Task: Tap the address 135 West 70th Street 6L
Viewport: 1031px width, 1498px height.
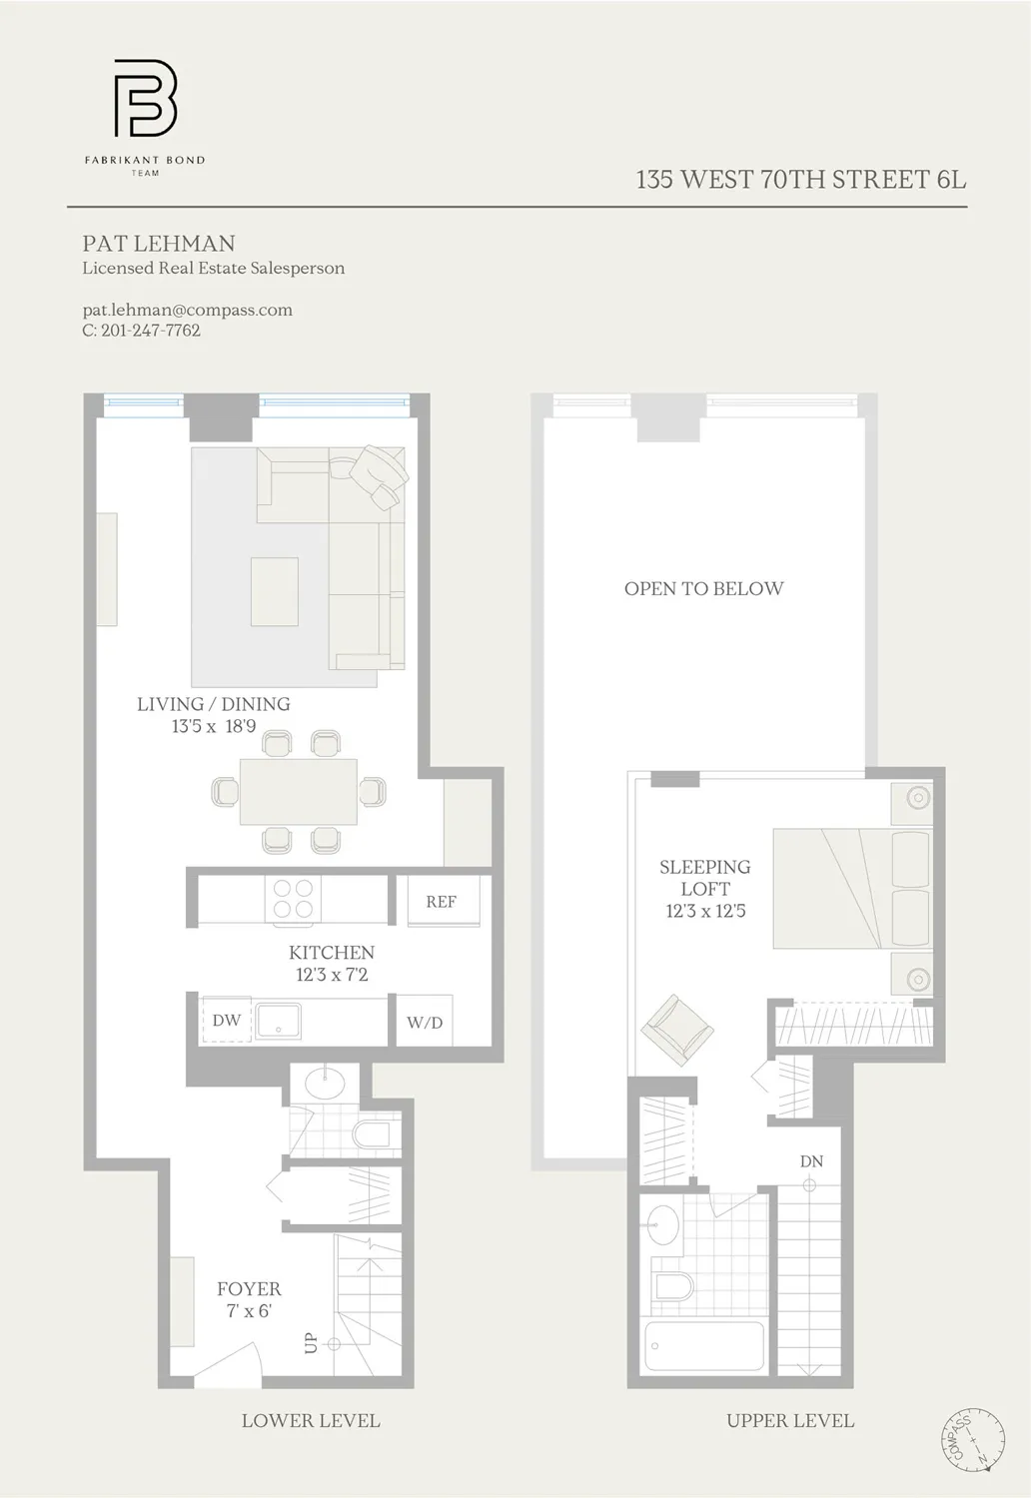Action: point(800,180)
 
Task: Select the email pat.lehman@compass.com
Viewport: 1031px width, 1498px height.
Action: point(187,310)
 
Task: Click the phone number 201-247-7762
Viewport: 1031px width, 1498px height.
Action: point(150,331)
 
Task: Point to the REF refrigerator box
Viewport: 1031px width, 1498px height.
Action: point(441,902)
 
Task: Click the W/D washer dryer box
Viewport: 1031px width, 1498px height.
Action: point(425,1022)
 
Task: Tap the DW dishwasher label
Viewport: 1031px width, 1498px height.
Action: point(226,1020)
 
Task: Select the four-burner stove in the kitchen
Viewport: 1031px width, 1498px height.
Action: point(293,899)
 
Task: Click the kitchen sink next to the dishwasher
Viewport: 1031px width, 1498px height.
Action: point(279,1021)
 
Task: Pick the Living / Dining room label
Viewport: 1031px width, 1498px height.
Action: point(213,704)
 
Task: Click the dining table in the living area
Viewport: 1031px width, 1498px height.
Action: point(298,792)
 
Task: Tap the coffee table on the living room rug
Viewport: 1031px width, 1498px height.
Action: point(274,591)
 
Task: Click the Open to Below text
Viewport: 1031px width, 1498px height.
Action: point(703,589)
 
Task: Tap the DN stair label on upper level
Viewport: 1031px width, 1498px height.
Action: point(811,1161)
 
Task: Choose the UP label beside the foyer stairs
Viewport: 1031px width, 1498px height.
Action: point(311,1343)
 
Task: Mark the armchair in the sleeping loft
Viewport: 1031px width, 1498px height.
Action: point(678,1030)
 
